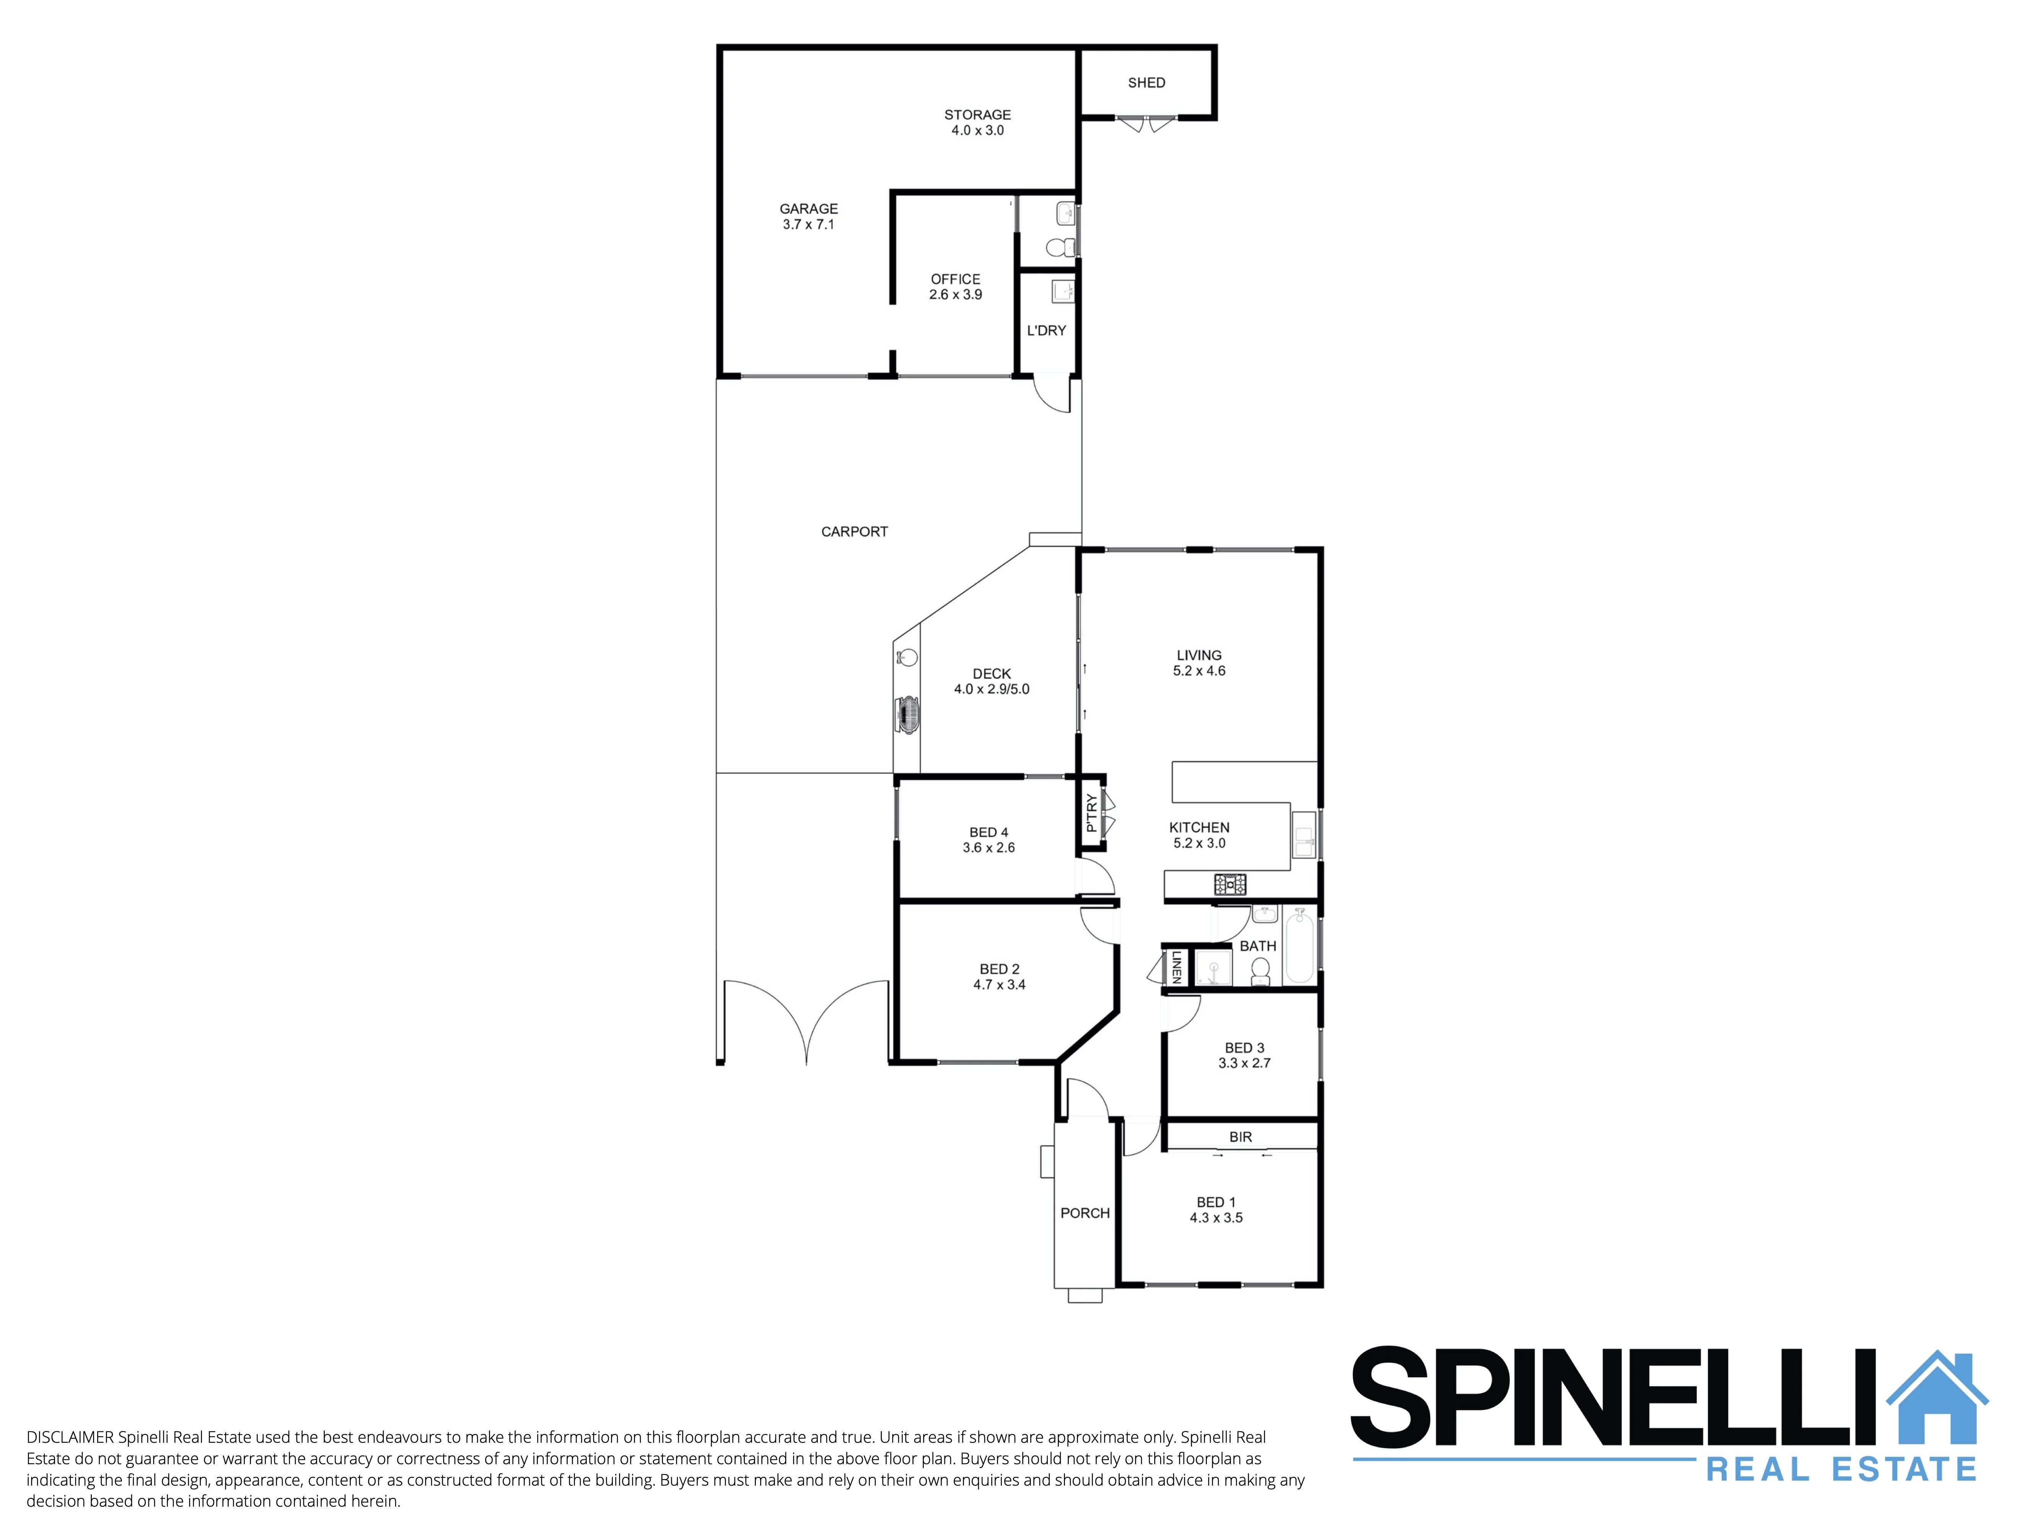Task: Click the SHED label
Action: (1146, 83)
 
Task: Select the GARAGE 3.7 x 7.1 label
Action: (809, 217)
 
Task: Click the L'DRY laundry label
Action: (1047, 330)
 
